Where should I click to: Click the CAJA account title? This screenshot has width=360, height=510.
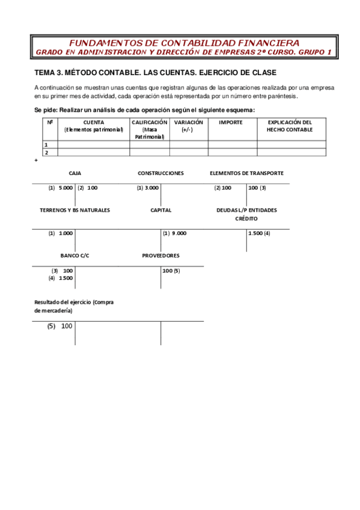click(x=75, y=173)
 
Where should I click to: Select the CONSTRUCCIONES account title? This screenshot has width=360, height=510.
click(x=160, y=173)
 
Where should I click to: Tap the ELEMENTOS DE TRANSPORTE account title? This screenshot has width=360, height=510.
click(x=246, y=173)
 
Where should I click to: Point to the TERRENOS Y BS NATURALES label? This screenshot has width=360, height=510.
click(x=75, y=210)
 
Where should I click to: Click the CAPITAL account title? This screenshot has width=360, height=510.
click(x=161, y=210)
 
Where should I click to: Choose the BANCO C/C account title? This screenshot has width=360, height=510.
click(x=75, y=256)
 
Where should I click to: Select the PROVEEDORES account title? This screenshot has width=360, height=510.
click(x=160, y=256)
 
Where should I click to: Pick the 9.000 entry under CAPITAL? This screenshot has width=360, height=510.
click(x=178, y=233)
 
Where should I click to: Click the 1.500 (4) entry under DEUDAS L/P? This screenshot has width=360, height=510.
click(x=259, y=233)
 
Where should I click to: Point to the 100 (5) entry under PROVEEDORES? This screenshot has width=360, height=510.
click(x=171, y=271)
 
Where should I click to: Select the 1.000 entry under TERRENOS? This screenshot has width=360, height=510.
click(x=66, y=233)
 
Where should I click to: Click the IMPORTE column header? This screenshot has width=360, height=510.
click(x=231, y=122)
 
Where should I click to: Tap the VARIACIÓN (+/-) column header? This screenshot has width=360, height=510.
click(x=188, y=126)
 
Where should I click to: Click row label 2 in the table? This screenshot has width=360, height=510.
click(x=46, y=153)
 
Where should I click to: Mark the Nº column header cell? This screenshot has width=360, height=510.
click(x=49, y=122)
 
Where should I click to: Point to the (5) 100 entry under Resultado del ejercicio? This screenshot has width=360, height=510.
click(x=59, y=326)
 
